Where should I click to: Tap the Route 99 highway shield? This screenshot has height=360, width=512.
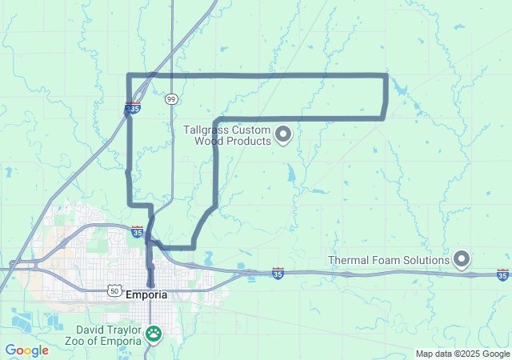tap(171, 98)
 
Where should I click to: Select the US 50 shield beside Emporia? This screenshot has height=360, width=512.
tap(116, 293)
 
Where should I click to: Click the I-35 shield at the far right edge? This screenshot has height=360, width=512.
tap(502, 275)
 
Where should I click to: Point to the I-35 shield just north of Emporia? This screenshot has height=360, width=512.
tap(138, 232)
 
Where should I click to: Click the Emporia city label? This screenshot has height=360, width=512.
tap(146, 294)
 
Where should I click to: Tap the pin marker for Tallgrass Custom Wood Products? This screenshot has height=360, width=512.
tap(283, 135)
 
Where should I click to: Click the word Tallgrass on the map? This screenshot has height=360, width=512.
tap(207, 129)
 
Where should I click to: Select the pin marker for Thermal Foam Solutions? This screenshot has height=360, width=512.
tap(462, 258)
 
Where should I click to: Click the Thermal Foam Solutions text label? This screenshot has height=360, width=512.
tap(390, 260)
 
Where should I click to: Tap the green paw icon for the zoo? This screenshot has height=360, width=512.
tap(153, 332)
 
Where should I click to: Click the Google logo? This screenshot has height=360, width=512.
tap(26, 350)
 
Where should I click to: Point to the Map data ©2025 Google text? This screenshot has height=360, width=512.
tap(462, 354)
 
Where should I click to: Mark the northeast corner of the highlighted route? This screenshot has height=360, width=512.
tap(387, 76)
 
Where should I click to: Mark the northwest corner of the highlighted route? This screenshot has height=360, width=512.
tap(130, 76)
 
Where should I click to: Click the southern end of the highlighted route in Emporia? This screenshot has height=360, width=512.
tap(150, 283)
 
